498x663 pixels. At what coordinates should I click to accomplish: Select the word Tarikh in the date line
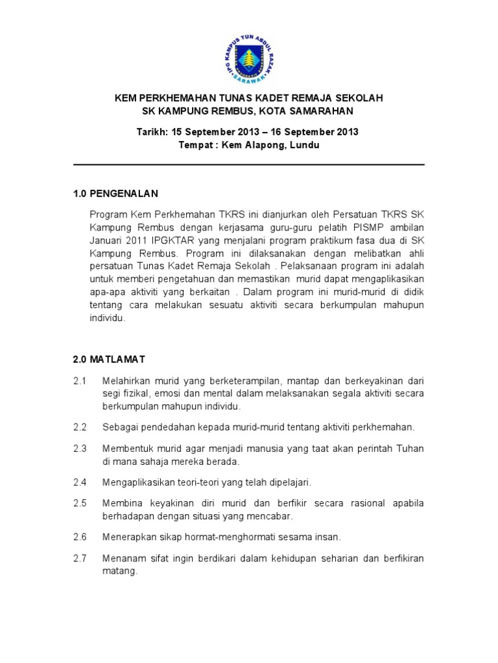151,132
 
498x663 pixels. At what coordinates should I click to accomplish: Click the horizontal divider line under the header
249,165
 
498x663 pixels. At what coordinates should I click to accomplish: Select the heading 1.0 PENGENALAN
115,194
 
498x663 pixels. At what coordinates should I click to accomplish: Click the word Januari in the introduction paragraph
105,240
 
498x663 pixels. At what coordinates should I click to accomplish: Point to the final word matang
120,572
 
